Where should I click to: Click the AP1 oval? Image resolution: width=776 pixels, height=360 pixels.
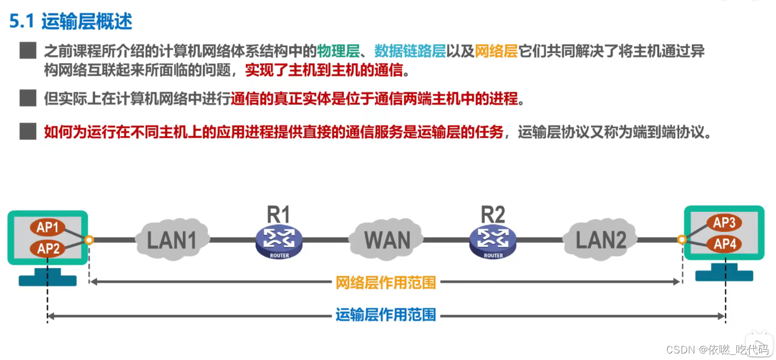48,227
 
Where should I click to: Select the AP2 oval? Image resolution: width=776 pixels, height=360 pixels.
48,248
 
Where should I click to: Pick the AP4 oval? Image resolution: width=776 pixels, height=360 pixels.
724,245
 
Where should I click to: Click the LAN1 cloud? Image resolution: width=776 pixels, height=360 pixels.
172,239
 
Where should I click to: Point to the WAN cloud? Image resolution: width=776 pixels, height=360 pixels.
387,239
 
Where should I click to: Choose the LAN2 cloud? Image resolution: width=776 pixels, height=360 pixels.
601,239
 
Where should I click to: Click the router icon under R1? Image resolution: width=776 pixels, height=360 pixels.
279,241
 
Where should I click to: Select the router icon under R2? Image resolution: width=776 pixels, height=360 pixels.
493,241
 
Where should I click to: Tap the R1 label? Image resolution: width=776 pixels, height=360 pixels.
279,215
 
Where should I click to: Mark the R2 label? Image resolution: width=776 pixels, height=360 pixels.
493,215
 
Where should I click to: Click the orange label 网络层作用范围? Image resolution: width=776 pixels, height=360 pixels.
385,283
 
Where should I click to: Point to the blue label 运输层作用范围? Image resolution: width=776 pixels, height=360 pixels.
385,316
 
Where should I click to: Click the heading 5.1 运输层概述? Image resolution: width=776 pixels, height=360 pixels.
71,21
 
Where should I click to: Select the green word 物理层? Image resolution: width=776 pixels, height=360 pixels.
345,51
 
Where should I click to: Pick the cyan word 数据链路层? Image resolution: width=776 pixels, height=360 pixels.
410,51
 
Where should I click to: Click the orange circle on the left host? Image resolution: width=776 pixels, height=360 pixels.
89,240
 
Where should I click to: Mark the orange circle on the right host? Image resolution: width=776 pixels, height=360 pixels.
682,239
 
